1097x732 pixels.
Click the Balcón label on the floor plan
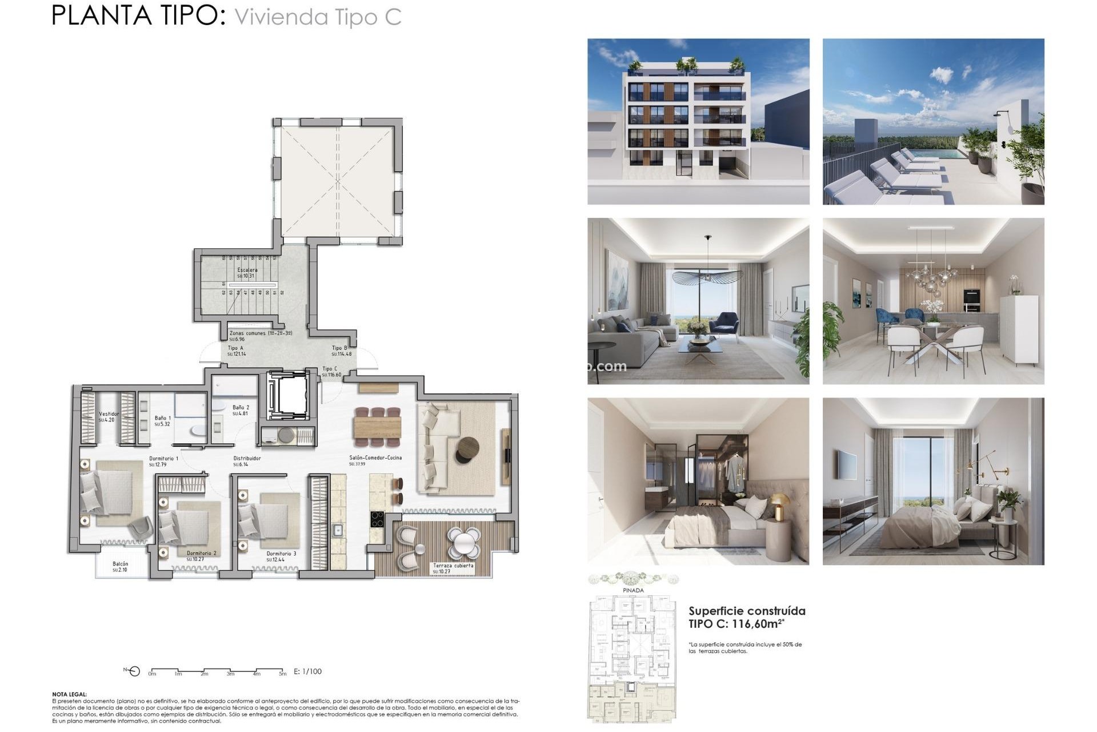click(120, 564)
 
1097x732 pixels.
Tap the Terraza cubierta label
click(453, 566)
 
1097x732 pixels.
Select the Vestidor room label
click(109, 414)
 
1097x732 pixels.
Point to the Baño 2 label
click(241, 408)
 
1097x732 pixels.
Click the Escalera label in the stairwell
click(247, 270)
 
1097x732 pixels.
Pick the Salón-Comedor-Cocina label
click(375, 457)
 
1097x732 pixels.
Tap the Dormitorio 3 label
click(281, 554)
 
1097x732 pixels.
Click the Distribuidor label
click(247, 459)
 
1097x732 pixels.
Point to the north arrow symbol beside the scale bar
click(133, 671)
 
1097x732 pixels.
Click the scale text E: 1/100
click(307, 671)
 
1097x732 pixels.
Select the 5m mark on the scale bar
click(282, 674)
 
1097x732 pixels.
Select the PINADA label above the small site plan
click(633, 590)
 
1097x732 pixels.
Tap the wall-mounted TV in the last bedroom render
click(847, 465)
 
